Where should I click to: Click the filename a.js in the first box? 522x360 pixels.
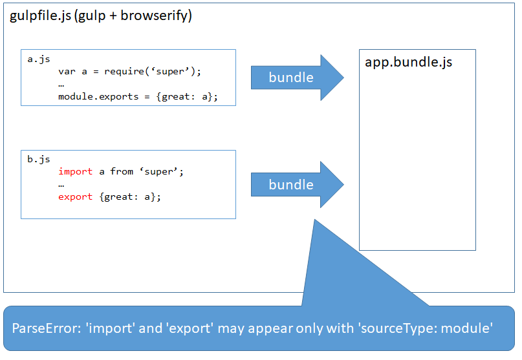pyautogui.click(x=39, y=59)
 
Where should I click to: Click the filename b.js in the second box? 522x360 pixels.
pyautogui.click(x=39, y=159)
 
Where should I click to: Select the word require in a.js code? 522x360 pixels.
pyautogui.click(x=128, y=71)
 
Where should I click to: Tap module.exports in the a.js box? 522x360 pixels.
pyautogui.click(x=98, y=96)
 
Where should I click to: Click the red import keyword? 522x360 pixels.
pyautogui.click(x=75, y=171)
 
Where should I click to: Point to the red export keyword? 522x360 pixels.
pyautogui.click(x=75, y=196)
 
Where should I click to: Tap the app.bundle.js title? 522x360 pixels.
pyautogui.click(x=408, y=63)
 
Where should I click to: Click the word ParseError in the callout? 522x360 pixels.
pyautogui.click(x=42, y=328)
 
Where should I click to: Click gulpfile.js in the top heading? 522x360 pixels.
pyautogui.click(x=40, y=16)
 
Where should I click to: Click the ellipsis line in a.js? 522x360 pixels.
pyautogui.click(x=61, y=84)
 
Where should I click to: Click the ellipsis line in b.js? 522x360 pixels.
pyautogui.click(x=61, y=184)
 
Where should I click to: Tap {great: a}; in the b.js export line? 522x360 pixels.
pyautogui.click(x=130, y=196)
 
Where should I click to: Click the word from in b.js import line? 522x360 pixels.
pyautogui.click(x=122, y=171)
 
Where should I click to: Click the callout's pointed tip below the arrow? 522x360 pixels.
pyautogui.click(x=315, y=223)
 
